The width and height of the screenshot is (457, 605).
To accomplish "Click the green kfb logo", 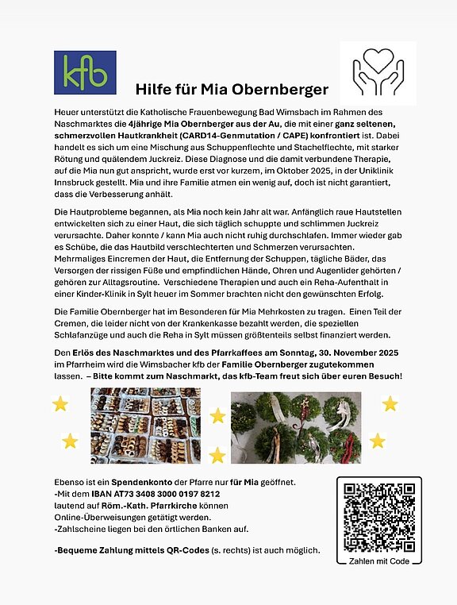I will (x=85, y=73).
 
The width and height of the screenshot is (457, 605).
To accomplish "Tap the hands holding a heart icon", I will (x=377, y=75).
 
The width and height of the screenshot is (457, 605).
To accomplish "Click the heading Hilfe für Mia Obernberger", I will (x=231, y=88).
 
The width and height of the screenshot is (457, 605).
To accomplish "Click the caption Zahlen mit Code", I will (x=378, y=560).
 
